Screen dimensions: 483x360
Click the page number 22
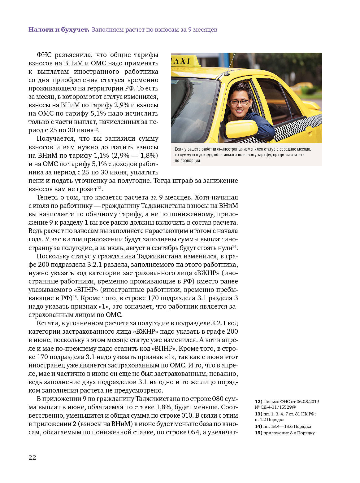pyautogui.click(x=32, y=458)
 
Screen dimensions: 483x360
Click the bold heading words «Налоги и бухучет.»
pyautogui.click(x=59, y=30)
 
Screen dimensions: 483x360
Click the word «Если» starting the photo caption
pyautogui.click(x=179, y=149)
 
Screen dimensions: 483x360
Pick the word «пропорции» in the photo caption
pyautogui.click(x=187, y=161)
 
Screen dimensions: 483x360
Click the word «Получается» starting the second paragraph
pyautogui.click(x=55, y=139)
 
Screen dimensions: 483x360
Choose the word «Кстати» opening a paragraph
pyautogui.click(x=47, y=323)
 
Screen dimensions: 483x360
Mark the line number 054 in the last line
pyautogui.click(x=193, y=432)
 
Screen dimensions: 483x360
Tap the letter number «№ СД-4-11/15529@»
pyautogui.click(x=275, y=407)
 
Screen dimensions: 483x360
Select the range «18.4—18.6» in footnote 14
pyautogui.click(x=281, y=426)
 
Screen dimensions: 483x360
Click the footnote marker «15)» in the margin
pyautogui.click(x=258, y=433)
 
